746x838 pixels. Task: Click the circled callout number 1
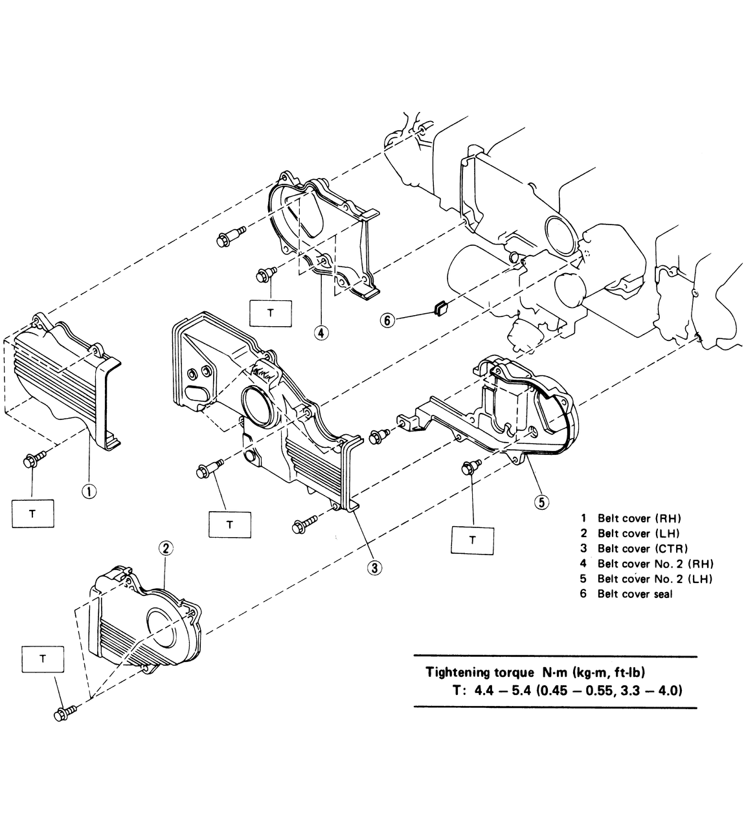click(89, 491)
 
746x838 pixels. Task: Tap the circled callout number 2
click(165, 548)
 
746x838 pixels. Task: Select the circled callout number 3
click(374, 568)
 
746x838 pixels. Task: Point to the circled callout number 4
click(321, 333)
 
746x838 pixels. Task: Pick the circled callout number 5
click(541, 500)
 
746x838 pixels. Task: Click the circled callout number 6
click(387, 320)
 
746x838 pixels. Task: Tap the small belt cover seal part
click(440, 308)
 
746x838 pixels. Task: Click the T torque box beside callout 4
click(270, 313)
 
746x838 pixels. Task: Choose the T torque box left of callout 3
click(229, 524)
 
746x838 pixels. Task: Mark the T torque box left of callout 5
click(472, 539)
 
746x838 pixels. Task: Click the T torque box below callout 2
click(43, 659)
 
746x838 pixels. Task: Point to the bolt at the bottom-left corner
click(63, 713)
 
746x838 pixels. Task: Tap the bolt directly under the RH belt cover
click(31, 461)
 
